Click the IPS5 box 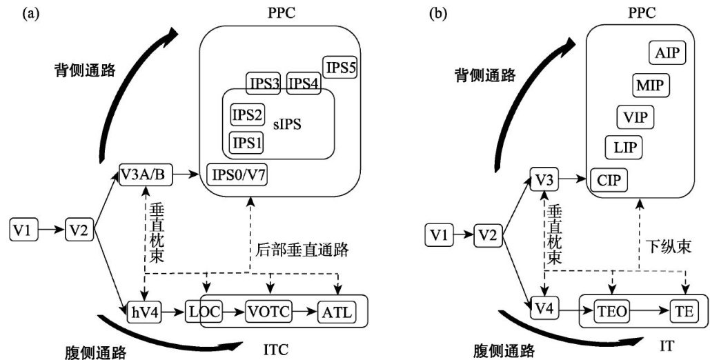[339, 68]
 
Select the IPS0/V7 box [237, 174]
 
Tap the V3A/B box [146, 174]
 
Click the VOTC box [269, 312]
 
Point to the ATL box [337, 312]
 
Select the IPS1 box [247, 142]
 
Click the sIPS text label [287, 125]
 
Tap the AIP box [667, 53]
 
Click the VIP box [635, 116]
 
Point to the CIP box [609, 180]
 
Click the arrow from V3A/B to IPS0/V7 [187, 174]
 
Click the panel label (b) [437, 14]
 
